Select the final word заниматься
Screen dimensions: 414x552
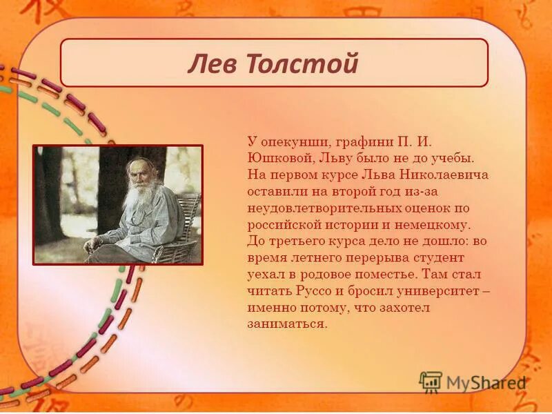pos(285,324)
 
